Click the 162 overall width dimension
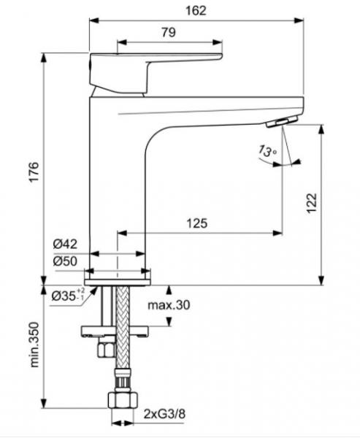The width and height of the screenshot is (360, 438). pos(196,10)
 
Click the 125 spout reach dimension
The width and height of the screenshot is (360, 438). pos(195,224)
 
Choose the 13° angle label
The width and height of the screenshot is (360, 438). pos(267,151)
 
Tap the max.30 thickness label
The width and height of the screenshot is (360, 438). pos(168,306)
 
